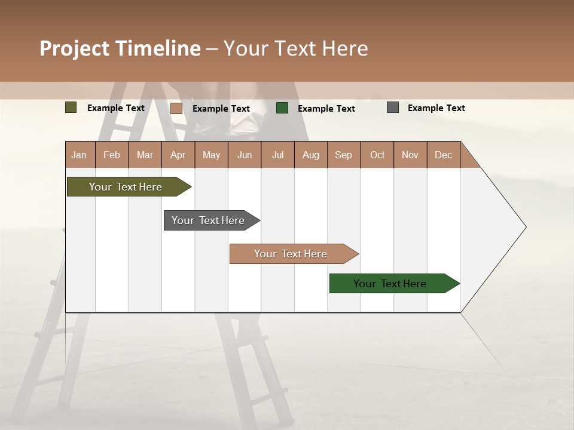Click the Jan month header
[79, 155]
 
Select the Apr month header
[178, 155]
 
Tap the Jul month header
[277, 155]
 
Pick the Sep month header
[343, 155]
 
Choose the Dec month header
[443, 155]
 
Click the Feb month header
[112, 155]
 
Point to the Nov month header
[410, 155]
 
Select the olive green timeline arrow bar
[126, 187]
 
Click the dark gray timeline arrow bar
[209, 220]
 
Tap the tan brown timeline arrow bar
[291, 254]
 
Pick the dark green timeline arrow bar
[390, 284]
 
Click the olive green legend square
[71, 107]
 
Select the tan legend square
[176, 108]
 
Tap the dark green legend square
[282, 108]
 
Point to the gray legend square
[393, 107]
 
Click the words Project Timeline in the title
[120, 48]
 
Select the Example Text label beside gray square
[436, 108]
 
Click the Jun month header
[245, 155]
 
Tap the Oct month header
[377, 155]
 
